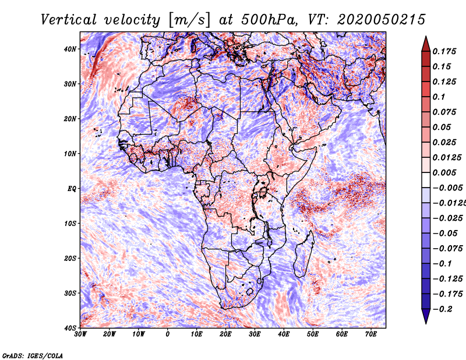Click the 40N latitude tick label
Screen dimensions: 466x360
coord(70,49)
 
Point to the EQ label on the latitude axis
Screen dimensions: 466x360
coord(72,189)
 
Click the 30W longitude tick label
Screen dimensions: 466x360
coord(80,334)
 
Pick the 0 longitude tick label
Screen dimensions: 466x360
coord(168,334)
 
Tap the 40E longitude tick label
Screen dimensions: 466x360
coord(284,334)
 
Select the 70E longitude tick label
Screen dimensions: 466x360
coord(371,334)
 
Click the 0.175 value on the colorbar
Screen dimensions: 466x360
coord(444,51)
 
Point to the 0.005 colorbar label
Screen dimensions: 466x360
coord(444,172)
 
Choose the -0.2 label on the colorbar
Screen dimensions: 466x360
coord(443,309)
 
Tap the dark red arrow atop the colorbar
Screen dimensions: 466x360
coord(426,44)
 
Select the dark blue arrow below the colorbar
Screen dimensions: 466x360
coord(426,316)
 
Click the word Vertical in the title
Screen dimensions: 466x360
coord(69,20)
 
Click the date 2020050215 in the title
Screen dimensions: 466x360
coord(382,20)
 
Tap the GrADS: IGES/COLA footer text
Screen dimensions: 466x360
coord(33,355)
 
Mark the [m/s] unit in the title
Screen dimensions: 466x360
coord(189,20)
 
